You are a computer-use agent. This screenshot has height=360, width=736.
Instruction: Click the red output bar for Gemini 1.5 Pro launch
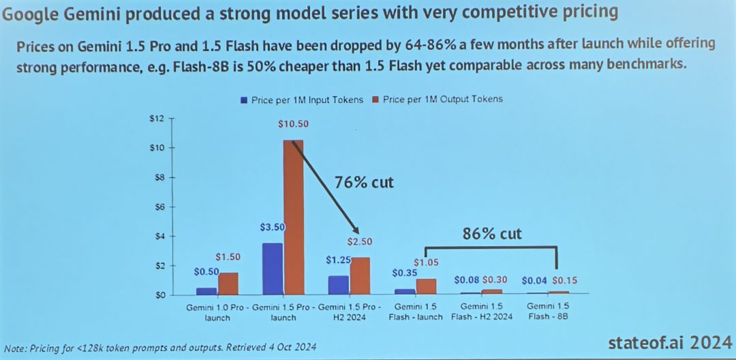coord(293,218)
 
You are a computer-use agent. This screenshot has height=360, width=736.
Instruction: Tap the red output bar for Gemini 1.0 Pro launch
coord(228,284)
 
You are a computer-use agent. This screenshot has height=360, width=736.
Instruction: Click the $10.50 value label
coord(294,124)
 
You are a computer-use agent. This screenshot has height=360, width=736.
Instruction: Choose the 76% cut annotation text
coord(364,182)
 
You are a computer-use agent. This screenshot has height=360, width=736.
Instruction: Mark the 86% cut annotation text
coord(492,234)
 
